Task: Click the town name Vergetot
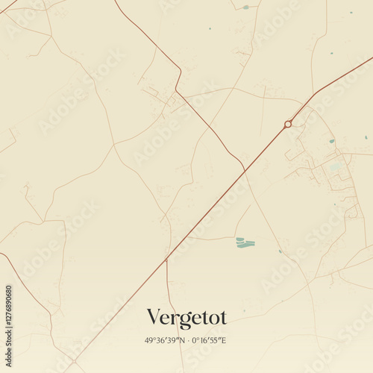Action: (186, 318)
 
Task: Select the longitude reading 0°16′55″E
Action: (208, 341)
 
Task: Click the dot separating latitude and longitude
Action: (186, 341)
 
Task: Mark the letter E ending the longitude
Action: (224, 341)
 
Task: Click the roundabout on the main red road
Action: (288, 124)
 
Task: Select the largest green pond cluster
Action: (245, 242)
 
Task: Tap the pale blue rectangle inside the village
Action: (335, 166)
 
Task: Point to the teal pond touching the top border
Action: (245, 7)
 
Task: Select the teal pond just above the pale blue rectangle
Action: (332, 140)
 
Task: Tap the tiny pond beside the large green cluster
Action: (280, 251)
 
